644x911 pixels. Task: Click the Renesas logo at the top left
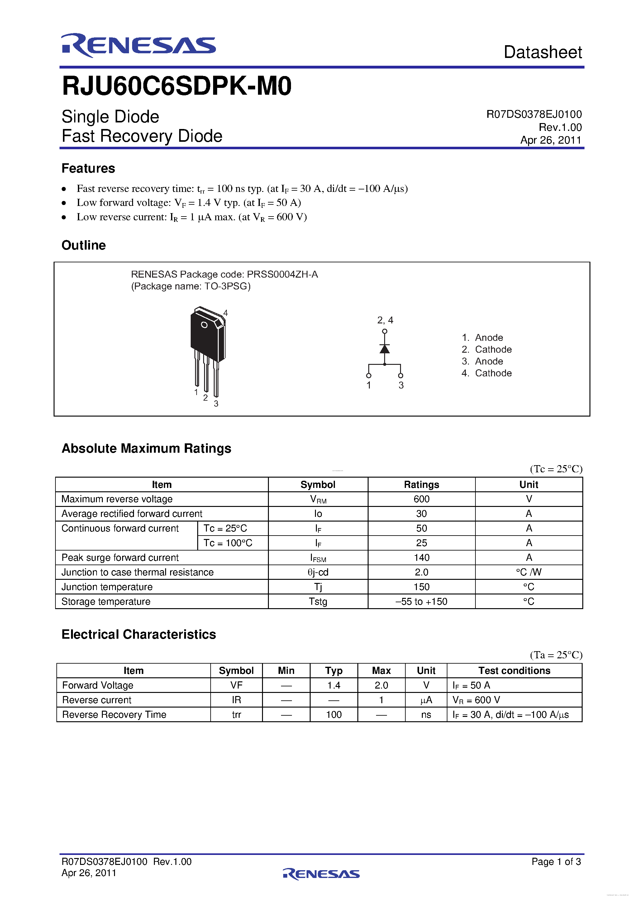(138, 45)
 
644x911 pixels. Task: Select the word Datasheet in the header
(542, 52)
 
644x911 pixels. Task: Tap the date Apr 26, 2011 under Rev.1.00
(551, 140)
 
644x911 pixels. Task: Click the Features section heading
(88, 168)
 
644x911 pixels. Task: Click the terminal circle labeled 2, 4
(384, 331)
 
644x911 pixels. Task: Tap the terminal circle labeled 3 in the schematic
(400, 375)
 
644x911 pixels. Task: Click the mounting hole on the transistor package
(204, 325)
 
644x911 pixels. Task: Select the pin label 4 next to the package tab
(225, 313)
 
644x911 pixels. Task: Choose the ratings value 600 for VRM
(422, 499)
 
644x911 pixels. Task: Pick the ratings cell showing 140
(422, 557)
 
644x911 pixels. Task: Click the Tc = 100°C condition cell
(228, 543)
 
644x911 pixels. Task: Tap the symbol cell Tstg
(318, 602)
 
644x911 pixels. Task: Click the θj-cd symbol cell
(318, 572)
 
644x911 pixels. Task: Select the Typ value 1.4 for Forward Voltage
(334, 685)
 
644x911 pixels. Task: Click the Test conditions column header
(514, 670)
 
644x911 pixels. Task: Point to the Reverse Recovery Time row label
(114, 715)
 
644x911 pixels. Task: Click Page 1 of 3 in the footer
(556, 861)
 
